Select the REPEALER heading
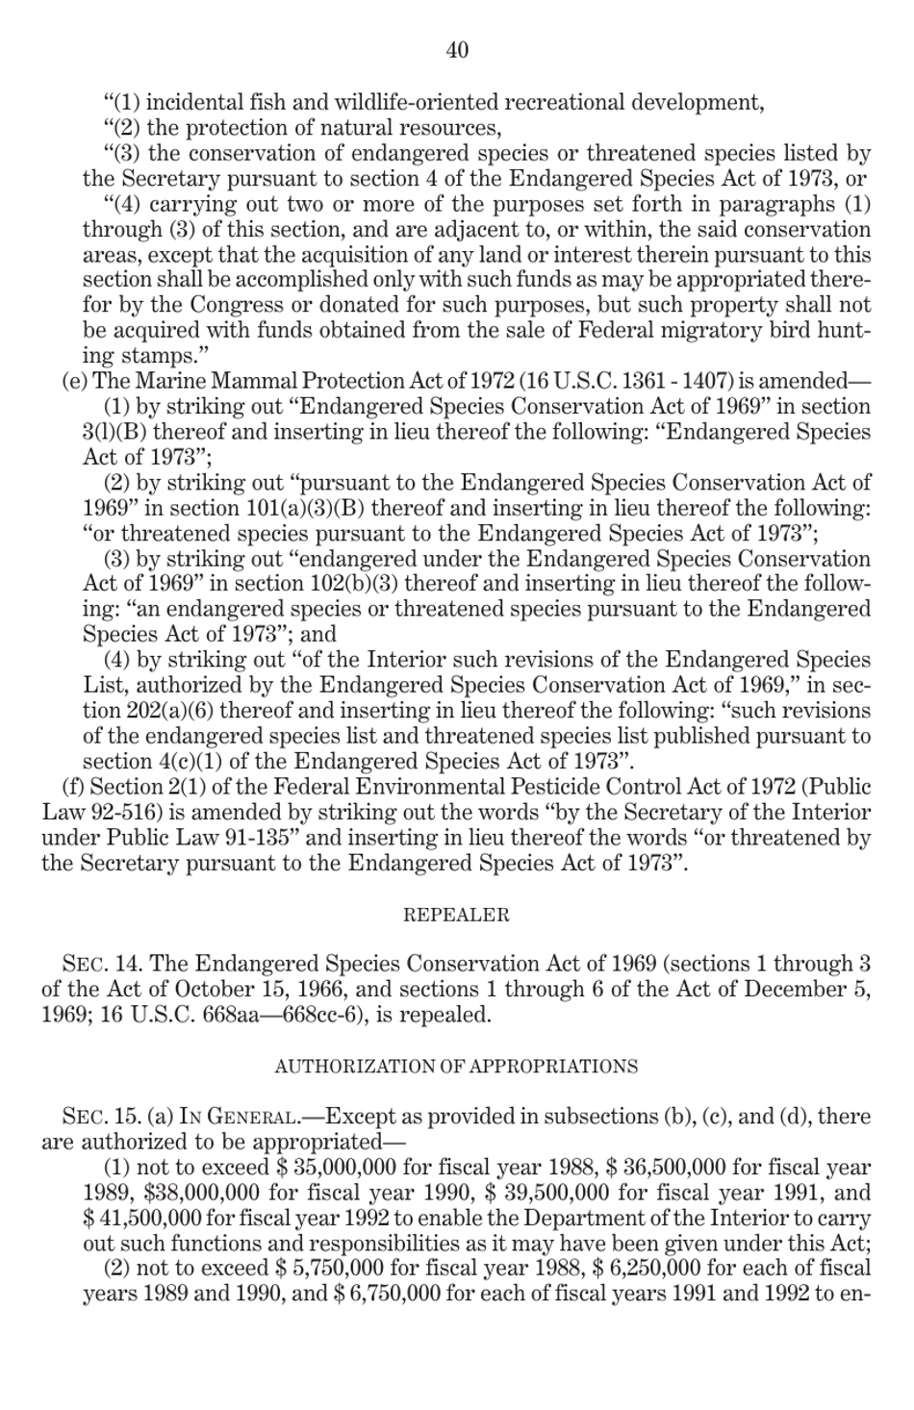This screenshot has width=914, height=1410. click(x=456, y=915)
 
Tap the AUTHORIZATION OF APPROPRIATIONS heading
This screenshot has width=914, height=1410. click(x=456, y=1066)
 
